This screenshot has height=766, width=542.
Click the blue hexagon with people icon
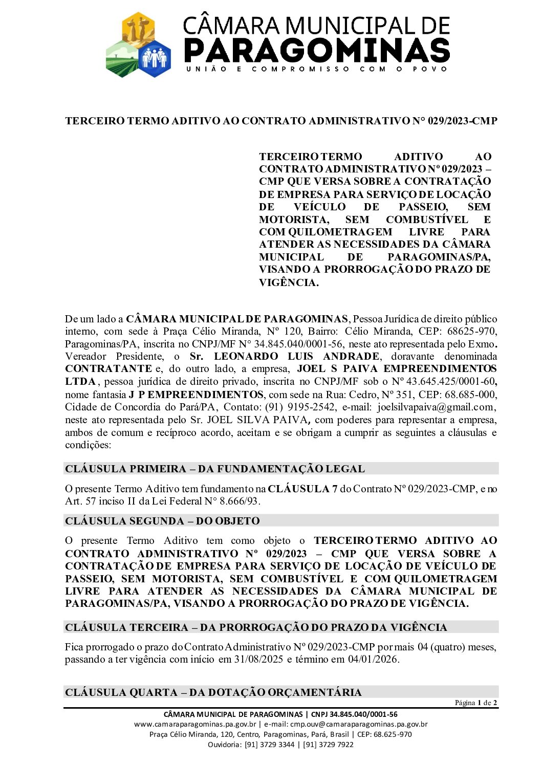coord(154,58)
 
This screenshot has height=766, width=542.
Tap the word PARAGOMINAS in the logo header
coord(316,50)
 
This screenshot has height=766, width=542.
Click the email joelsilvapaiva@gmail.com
coord(436,407)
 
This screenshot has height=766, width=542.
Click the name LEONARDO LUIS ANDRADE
coord(296,357)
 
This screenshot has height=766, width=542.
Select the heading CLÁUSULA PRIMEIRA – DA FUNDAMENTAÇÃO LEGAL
coord(214,469)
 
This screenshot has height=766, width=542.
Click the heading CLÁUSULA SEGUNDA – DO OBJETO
coord(162,521)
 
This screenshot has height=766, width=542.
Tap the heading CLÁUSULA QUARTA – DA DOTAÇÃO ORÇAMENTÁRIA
coord(213,692)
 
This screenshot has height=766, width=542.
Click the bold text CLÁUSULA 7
coord(302,489)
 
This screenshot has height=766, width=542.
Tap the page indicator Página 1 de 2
coord(475,703)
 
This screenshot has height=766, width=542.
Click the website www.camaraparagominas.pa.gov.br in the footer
coord(195,724)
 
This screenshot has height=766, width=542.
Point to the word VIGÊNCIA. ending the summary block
coord(288,282)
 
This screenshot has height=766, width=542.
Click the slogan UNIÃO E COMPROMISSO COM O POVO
coord(316,69)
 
